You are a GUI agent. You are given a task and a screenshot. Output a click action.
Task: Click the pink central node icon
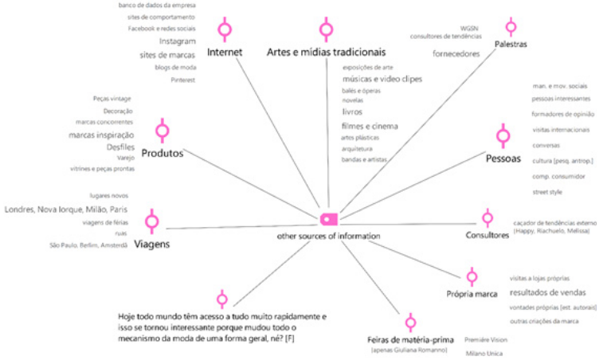pos(328,219)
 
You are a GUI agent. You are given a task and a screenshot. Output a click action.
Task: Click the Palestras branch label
pos(510,45)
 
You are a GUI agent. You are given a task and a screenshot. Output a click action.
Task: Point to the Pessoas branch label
pos(503,158)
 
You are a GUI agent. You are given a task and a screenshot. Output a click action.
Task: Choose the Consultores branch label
pos(487,236)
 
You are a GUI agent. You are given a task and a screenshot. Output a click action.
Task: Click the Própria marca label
pos(472,294)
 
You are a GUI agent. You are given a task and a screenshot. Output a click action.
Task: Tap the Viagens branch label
pos(151,244)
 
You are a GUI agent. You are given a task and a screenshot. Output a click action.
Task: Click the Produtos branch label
pos(163,152)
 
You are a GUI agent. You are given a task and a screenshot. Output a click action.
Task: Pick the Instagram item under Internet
pos(177,41)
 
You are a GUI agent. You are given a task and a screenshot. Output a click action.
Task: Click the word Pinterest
pos(182,80)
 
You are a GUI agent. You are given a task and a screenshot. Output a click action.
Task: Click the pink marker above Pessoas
pos(503,136)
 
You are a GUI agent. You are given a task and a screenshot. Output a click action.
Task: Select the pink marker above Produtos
pos(163,131)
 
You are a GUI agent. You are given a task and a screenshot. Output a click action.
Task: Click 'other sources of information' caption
pos(328,237)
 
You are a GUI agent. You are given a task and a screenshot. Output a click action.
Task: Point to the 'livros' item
pos(351,112)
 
